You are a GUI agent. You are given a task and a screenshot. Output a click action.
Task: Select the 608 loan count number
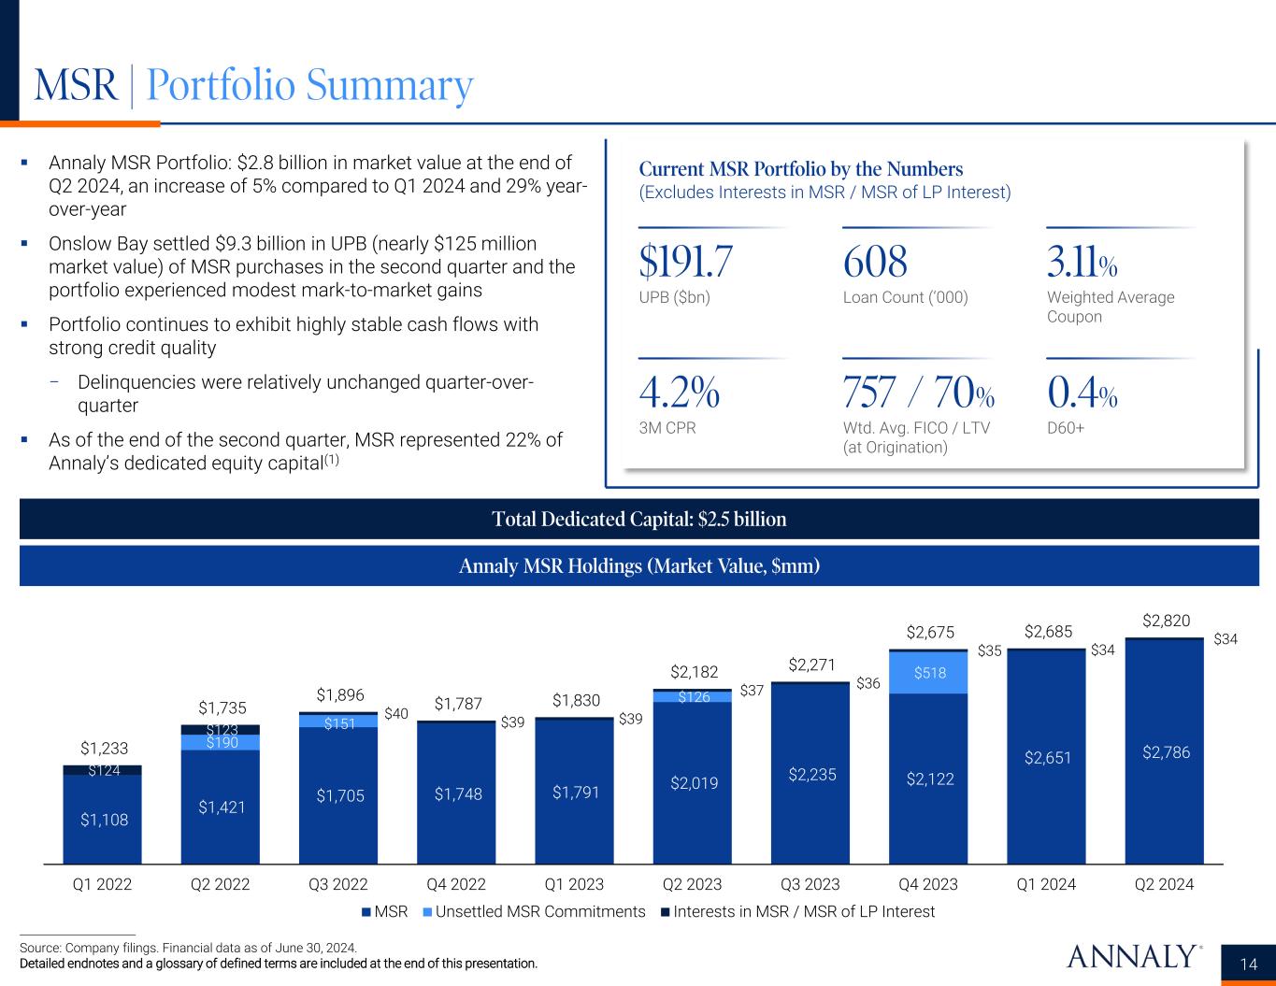pos(875,263)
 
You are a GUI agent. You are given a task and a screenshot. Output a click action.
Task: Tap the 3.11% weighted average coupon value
pos(1082,263)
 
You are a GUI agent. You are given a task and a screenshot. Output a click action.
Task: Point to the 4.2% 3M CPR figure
pos(679,394)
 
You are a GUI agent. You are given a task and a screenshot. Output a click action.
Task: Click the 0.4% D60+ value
pos(1082,394)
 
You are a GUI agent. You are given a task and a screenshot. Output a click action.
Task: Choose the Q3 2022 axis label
pos(337,884)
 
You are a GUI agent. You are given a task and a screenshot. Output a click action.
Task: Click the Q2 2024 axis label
pos(1164,884)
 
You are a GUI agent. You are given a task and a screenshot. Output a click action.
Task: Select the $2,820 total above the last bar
pos(1166,621)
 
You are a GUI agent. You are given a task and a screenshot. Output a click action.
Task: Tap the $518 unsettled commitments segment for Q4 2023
pos(928,672)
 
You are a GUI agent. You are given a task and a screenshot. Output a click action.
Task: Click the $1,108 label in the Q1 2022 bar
pos(104,820)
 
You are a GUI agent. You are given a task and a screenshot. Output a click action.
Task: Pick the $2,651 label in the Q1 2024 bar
pos(1048,757)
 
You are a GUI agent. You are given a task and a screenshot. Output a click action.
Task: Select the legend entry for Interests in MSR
pos(802,911)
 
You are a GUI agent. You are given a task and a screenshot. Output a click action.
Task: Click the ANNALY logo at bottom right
pos(1132,956)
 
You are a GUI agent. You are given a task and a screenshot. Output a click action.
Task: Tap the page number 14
pos(1249,965)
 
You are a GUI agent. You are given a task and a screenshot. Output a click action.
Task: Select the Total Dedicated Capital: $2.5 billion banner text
pos(639,519)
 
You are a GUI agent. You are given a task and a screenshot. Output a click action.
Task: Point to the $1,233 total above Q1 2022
pos(104,748)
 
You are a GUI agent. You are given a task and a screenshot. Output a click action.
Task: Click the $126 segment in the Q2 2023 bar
pos(693,697)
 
